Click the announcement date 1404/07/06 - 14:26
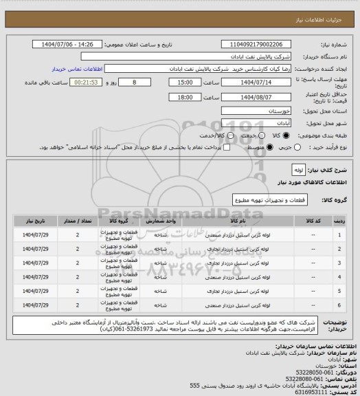pyautogui.click(x=72, y=44)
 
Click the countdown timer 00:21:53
pyautogui.click(x=90, y=82)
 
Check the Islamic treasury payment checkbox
pyautogui.click(x=225, y=146)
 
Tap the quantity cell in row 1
pyautogui.click(x=78, y=235)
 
